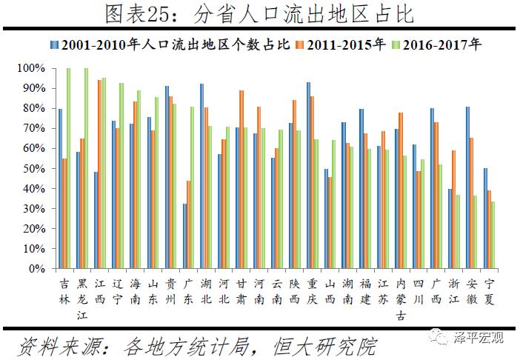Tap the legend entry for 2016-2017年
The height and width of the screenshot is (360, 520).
click(444, 44)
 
